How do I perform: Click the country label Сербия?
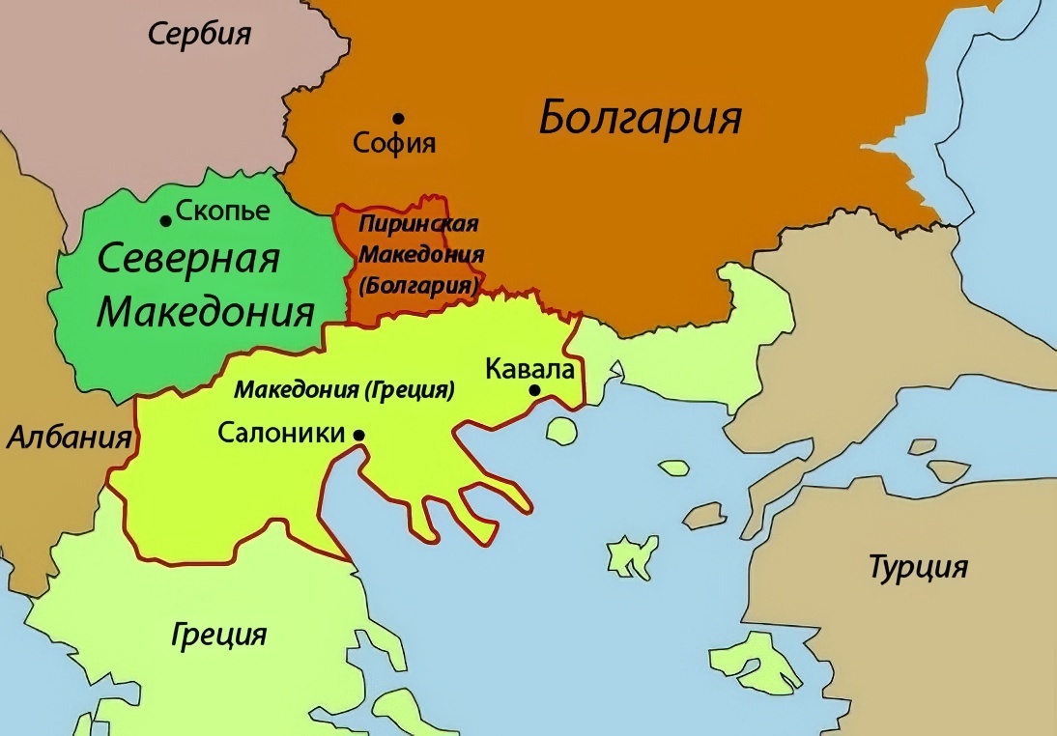point(199,35)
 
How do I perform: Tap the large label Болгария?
point(640,118)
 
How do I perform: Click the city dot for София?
point(398,118)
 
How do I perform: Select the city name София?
point(394,144)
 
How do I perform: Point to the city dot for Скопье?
point(166,221)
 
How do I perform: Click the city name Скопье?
point(223,211)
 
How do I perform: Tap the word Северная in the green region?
point(189,259)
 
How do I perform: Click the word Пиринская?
point(418,224)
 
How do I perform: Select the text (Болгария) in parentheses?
point(418,287)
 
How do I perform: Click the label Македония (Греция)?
point(344,391)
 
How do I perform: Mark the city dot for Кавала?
point(533,390)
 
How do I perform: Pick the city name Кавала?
point(530,370)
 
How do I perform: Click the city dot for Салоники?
point(358,436)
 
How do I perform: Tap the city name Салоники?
point(281,433)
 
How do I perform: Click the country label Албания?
point(70,438)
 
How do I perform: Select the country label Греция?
point(219,635)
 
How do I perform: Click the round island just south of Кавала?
point(560,429)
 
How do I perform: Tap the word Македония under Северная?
point(207,312)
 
